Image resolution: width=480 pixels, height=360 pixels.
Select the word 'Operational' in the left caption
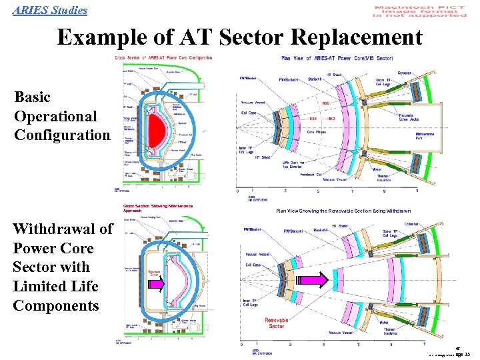pos(55,116)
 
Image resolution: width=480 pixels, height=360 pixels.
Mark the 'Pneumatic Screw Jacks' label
pos(421,119)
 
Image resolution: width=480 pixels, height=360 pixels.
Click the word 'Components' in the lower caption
pos(55,305)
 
